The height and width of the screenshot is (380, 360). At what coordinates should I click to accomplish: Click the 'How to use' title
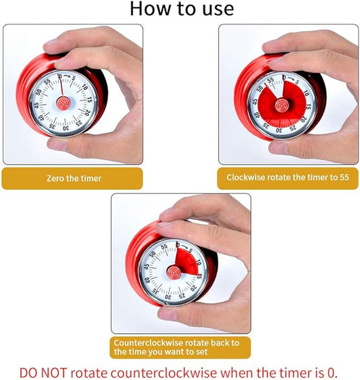[181, 9]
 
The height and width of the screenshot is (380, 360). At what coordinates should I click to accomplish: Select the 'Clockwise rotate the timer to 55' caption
[287, 178]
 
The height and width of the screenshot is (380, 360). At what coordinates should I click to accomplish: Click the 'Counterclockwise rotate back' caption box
[180, 347]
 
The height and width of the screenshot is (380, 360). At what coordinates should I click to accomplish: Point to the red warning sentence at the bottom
[180, 372]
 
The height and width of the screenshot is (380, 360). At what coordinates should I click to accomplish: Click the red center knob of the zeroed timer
[63, 103]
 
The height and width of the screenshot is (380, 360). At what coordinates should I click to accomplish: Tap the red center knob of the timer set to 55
[279, 103]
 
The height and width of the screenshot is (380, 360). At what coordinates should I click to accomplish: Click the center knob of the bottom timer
[172, 271]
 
